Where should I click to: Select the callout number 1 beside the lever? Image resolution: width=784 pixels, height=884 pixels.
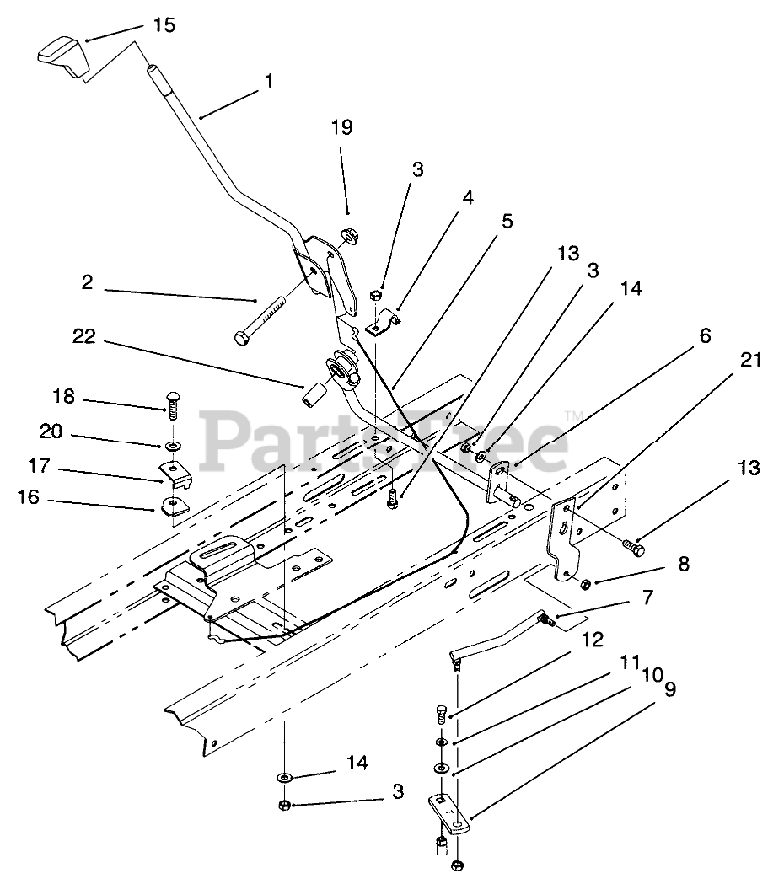pyautogui.click(x=268, y=82)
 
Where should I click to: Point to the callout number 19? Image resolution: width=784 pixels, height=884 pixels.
pyautogui.click(x=342, y=127)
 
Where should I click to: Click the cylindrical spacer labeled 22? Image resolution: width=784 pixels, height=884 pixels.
pyautogui.click(x=314, y=395)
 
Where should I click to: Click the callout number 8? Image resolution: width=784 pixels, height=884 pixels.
pyautogui.click(x=683, y=564)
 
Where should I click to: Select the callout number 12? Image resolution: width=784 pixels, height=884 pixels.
pyautogui.click(x=593, y=640)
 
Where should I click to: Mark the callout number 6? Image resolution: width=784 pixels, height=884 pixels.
pyautogui.click(x=705, y=336)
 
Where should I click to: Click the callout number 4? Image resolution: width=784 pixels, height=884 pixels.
pyautogui.click(x=467, y=198)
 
